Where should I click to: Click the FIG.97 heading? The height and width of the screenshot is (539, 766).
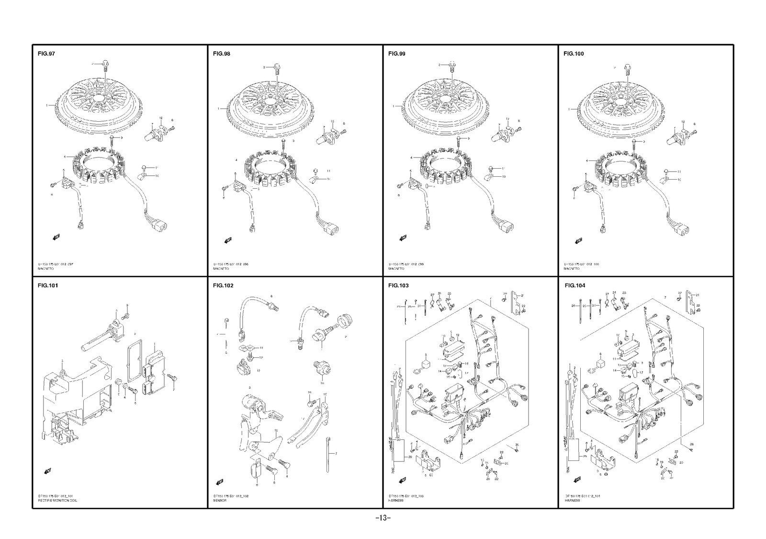pos(46,54)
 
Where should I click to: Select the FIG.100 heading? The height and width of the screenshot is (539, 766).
pos(574,54)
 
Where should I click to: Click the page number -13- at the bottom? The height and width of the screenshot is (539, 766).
pos(383,518)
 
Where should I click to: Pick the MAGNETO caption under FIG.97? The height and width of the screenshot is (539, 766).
pos(46,269)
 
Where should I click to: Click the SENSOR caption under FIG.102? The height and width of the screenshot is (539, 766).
pos(220,500)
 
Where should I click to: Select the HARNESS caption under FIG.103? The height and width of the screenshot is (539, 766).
pos(396,500)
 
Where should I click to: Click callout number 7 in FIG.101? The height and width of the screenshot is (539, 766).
pos(173,390)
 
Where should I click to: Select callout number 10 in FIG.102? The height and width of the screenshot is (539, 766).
pos(322,383)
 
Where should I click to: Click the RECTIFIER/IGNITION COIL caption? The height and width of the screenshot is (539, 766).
pos(57,500)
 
